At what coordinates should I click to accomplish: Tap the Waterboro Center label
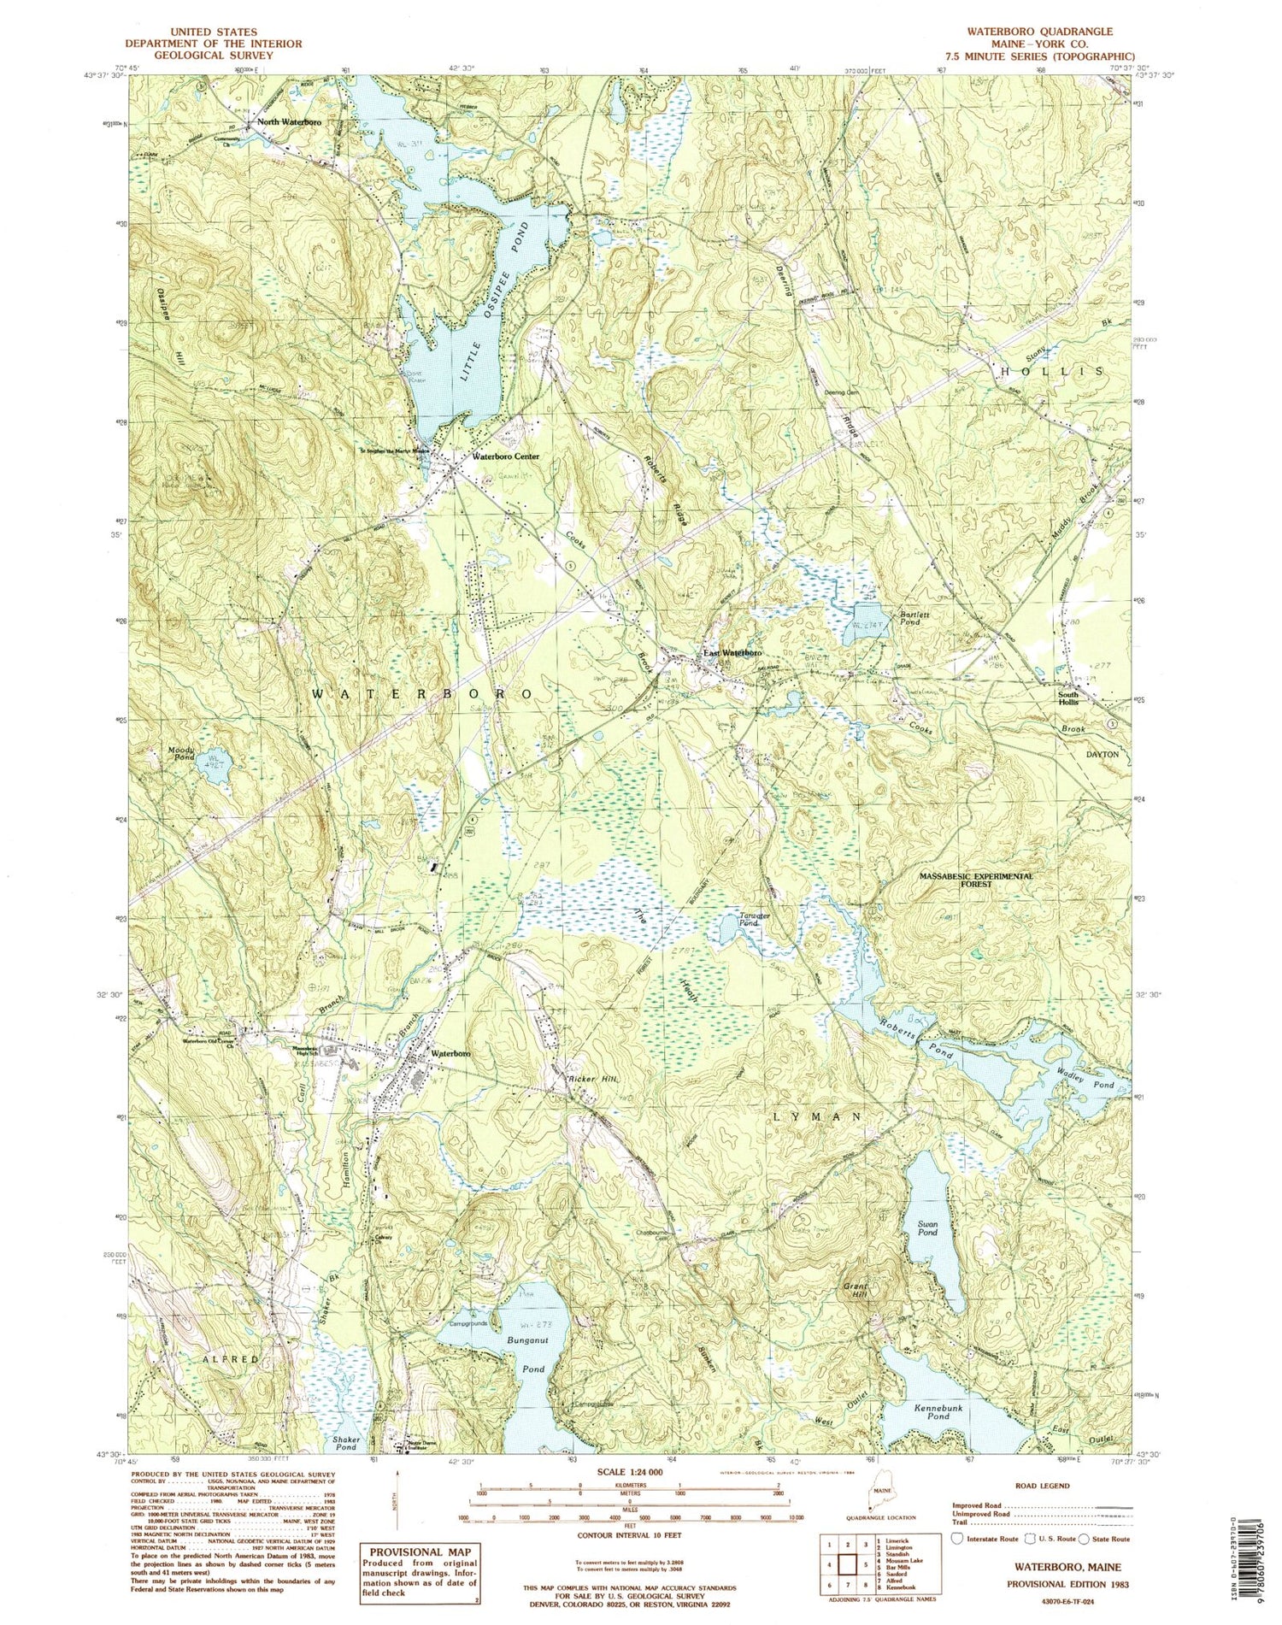[x=505, y=456]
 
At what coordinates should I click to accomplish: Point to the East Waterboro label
[x=732, y=653]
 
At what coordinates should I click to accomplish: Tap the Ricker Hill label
[x=593, y=1080]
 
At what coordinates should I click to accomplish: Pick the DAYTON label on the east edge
[x=1102, y=755]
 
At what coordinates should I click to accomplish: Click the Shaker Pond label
[x=344, y=1444]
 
